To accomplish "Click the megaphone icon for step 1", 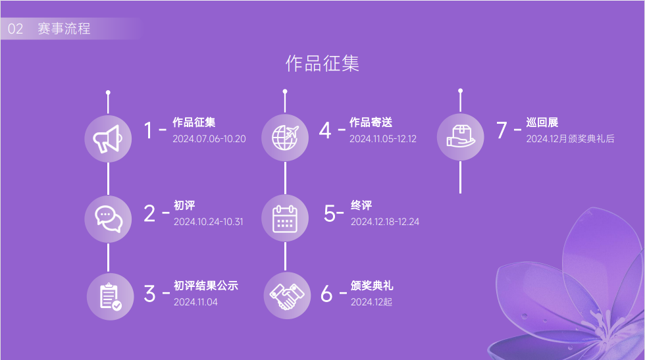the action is click(x=107, y=139).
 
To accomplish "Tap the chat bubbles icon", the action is click(x=109, y=219).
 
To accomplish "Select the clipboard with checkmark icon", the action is click(x=111, y=296).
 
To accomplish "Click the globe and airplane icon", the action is click(x=285, y=138).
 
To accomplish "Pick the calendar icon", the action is click(x=285, y=219).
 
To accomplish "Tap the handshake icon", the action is click(x=287, y=296).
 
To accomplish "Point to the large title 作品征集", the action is click(x=322, y=63).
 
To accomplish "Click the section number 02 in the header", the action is click(x=15, y=29).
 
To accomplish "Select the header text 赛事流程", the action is click(x=64, y=28).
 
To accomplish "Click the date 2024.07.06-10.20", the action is click(x=209, y=139).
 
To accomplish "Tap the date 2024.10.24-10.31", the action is click(x=208, y=222).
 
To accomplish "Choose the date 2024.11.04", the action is click(x=195, y=302).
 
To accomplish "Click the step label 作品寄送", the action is click(x=371, y=122).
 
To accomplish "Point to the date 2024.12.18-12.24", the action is click(x=384, y=222).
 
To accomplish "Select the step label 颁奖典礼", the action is click(x=372, y=286).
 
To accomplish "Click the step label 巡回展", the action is click(x=542, y=122).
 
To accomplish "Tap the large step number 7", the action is click(x=502, y=130).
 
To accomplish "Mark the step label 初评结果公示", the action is click(x=205, y=286).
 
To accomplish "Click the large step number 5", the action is click(x=330, y=213).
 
